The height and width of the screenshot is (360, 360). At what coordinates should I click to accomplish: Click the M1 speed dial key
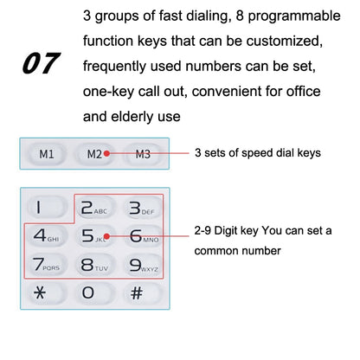46,154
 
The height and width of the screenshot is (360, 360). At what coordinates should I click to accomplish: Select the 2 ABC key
93,208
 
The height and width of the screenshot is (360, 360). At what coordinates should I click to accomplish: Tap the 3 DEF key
141,208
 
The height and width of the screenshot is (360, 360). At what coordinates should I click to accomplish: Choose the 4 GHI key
44,236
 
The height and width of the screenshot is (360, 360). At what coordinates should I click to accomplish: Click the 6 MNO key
141,236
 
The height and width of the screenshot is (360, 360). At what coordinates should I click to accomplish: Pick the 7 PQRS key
44,264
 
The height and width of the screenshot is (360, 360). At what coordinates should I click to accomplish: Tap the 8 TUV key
93,264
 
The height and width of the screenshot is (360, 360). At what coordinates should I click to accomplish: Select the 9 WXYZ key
141,264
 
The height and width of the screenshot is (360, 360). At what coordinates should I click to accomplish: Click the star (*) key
41,292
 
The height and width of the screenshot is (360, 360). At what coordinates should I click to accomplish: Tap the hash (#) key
137,292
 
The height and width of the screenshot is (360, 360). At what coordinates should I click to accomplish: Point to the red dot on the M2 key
106,154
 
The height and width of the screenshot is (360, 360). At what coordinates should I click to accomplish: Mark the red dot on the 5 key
106,235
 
